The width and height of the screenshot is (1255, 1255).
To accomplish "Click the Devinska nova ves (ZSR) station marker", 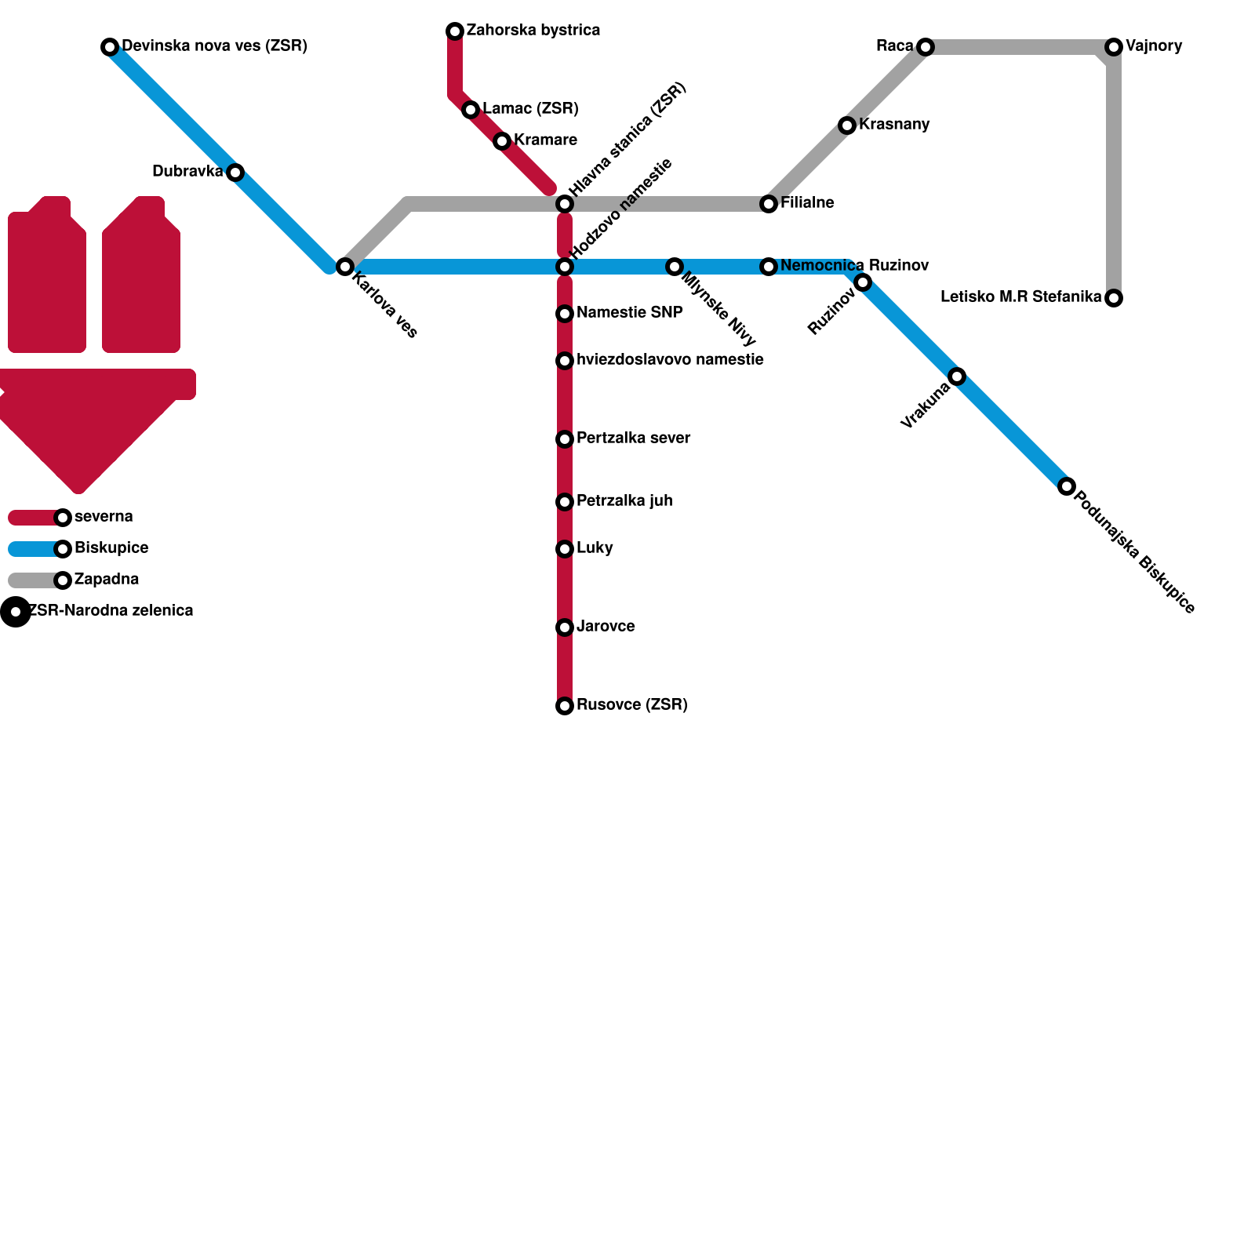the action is [x=110, y=47].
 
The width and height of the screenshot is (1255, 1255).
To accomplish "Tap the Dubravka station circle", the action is [x=235, y=173].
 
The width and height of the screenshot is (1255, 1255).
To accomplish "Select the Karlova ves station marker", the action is [x=344, y=267].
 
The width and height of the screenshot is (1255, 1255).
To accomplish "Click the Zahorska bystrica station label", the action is [x=533, y=31].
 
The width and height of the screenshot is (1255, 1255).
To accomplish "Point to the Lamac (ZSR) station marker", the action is [x=471, y=110].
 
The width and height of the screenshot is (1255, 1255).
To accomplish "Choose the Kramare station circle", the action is [x=502, y=141].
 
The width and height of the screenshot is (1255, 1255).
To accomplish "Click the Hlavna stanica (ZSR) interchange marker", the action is [x=565, y=204].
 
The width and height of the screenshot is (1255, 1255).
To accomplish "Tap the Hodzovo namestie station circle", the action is [x=565, y=267].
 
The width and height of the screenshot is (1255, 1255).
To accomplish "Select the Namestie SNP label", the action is [x=629, y=313].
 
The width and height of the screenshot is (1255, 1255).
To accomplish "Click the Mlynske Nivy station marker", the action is [x=674, y=267].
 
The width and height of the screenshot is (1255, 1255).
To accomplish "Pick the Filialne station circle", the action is [x=769, y=204].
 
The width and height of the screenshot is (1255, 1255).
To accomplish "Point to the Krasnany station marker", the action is [x=846, y=125].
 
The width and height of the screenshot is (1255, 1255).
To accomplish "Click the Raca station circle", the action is [x=926, y=47].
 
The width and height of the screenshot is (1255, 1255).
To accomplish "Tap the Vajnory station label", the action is [x=1153, y=46].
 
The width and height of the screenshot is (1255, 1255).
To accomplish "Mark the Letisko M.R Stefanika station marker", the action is [x=1114, y=298].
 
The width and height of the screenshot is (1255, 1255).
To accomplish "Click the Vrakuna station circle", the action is [x=957, y=376].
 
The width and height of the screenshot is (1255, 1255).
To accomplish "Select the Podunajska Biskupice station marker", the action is [x=1066, y=486].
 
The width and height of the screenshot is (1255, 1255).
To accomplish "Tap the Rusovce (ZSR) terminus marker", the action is [x=565, y=706].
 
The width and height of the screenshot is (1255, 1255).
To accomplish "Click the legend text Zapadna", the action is [x=107, y=580].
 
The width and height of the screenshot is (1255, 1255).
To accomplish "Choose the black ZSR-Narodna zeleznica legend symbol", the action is [x=16, y=612].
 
